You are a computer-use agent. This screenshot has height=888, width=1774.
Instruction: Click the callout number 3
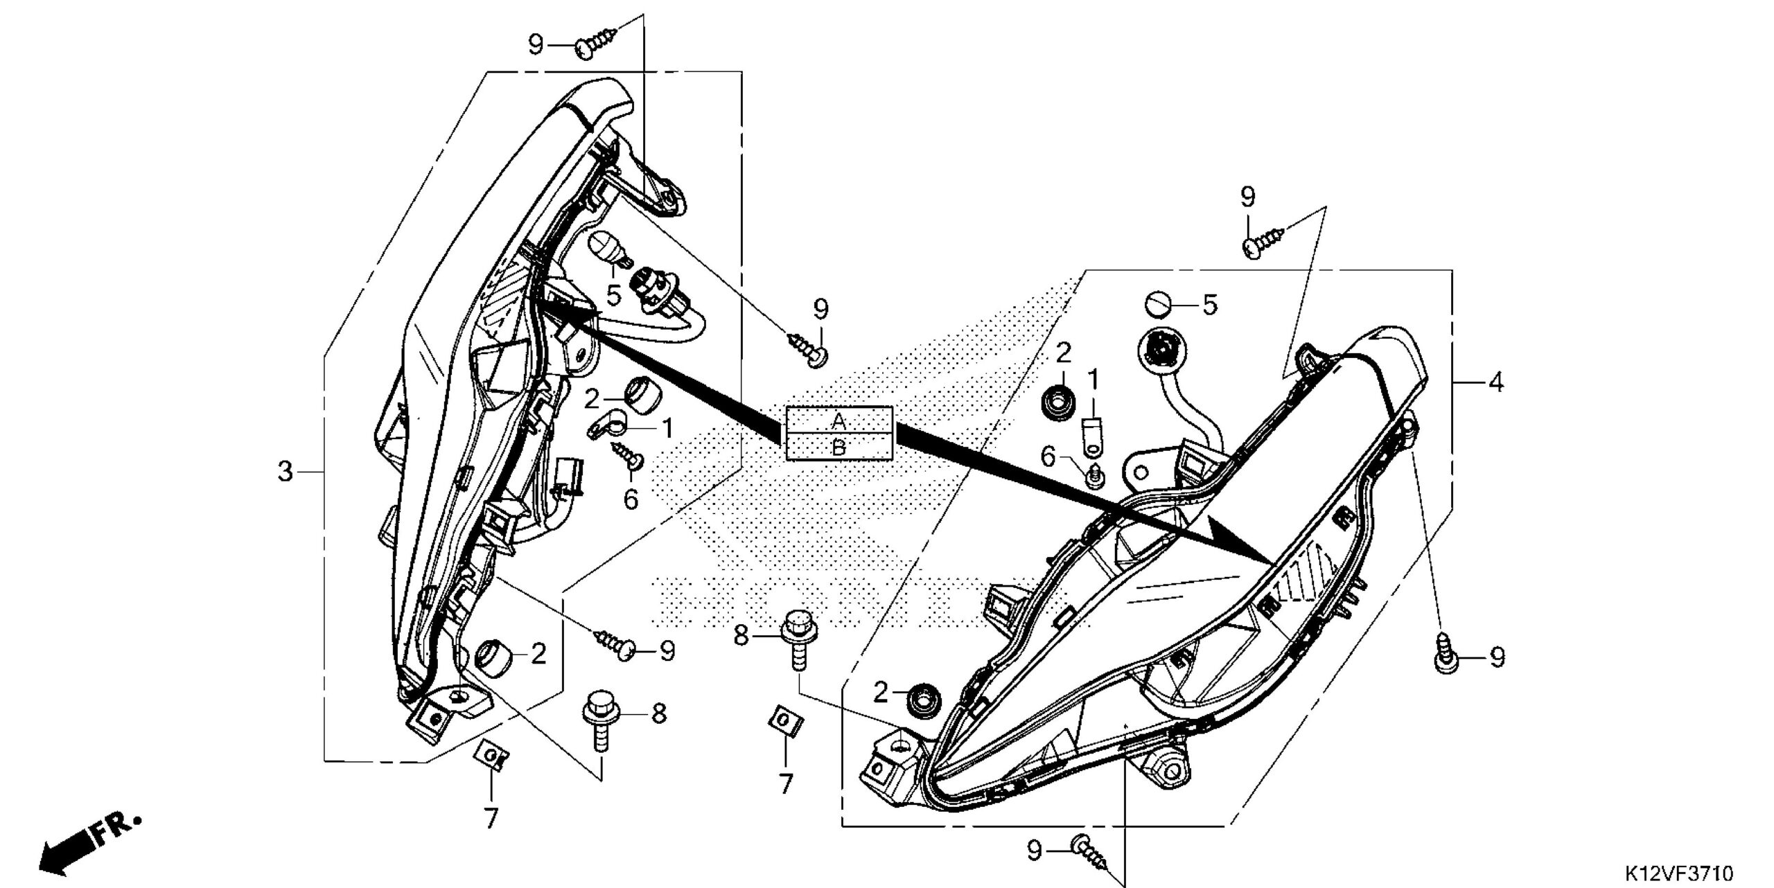tap(285, 472)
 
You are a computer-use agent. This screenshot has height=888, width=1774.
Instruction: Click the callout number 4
tap(1496, 382)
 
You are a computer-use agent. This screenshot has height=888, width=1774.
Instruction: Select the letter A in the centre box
tap(838, 420)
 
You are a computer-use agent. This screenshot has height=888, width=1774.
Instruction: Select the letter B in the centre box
tap(838, 447)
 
